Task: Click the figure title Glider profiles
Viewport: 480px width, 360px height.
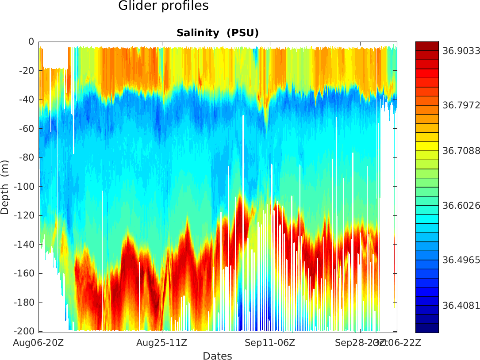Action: tap(163, 6)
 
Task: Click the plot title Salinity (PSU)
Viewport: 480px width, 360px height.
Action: tap(217, 33)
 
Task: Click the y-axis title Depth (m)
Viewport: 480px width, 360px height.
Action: tap(5, 187)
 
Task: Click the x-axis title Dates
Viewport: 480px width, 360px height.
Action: tap(217, 356)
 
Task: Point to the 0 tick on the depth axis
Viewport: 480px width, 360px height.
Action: tap(31, 42)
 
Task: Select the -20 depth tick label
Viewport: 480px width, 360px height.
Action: tap(27, 70)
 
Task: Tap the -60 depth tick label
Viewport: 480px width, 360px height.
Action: tap(27, 129)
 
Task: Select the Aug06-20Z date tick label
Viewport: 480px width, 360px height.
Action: tap(38, 342)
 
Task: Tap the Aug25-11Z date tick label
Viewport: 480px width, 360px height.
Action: tap(161, 342)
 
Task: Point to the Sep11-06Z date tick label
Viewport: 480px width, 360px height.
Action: tap(270, 342)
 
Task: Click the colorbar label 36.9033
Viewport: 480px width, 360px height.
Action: tap(461, 51)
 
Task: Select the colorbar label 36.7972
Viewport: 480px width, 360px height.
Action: tap(461, 105)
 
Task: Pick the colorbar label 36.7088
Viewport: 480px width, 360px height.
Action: tap(461, 151)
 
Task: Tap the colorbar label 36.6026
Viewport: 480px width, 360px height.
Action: tap(461, 206)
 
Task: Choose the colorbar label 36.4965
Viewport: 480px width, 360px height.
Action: tap(461, 260)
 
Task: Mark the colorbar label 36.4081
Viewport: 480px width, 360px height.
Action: tap(461, 305)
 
